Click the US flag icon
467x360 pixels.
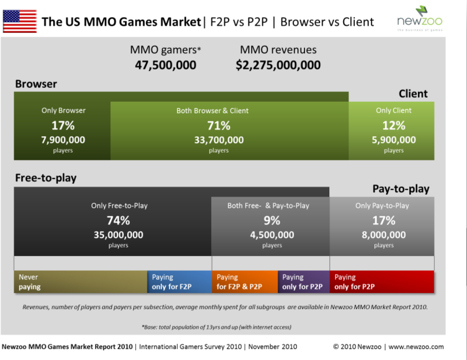point(20,21)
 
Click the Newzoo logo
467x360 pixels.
point(420,18)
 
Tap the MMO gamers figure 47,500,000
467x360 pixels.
point(165,65)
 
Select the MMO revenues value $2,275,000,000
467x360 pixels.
point(278,65)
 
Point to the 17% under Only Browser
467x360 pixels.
point(63,126)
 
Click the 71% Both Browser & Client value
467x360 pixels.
point(219,126)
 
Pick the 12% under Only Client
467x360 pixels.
point(394,126)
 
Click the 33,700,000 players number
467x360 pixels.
point(219,140)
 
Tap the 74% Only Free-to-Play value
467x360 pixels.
point(118,220)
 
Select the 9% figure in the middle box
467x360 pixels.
point(272,220)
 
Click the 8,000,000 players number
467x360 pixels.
point(384,235)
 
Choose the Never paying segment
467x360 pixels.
point(80,282)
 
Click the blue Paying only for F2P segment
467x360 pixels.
point(179,282)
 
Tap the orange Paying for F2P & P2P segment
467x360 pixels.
point(244,282)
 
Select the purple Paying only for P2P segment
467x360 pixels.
point(303,282)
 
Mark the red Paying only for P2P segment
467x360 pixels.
point(382,282)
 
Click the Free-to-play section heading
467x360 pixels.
point(46,178)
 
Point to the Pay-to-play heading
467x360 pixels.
point(401,189)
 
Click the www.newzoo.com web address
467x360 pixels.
point(416,347)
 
